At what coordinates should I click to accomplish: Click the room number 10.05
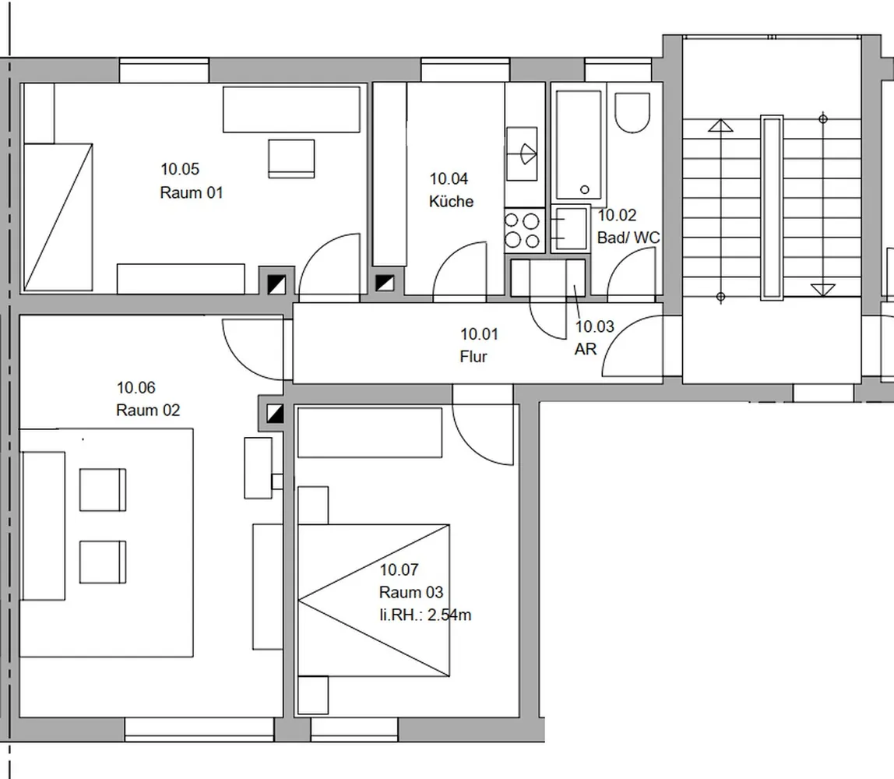(180, 169)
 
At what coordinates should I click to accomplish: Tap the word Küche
(451, 201)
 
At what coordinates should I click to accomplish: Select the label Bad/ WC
(628, 238)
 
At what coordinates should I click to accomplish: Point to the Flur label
(473, 357)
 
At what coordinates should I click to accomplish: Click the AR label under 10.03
(586, 349)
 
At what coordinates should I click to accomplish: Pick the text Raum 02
(148, 410)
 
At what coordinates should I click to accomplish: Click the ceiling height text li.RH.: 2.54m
(425, 615)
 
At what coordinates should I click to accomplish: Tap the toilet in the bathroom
(632, 112)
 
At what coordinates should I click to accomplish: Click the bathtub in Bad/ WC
(579, 145)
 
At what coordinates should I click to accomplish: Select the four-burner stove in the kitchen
(523, 231)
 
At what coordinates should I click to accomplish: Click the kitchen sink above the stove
(522, 153)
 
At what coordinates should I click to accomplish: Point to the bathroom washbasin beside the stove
(569, 229)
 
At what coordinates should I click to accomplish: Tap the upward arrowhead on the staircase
(720, 125)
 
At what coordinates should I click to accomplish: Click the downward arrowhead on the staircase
(822, 290)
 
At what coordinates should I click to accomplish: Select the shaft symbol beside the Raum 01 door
(276, 284)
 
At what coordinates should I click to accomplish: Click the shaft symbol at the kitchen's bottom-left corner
(385, 282)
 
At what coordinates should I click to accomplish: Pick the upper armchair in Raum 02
(103, 490)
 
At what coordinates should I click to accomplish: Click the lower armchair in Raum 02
(103, 562)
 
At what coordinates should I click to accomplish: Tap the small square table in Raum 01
(291, 159)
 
